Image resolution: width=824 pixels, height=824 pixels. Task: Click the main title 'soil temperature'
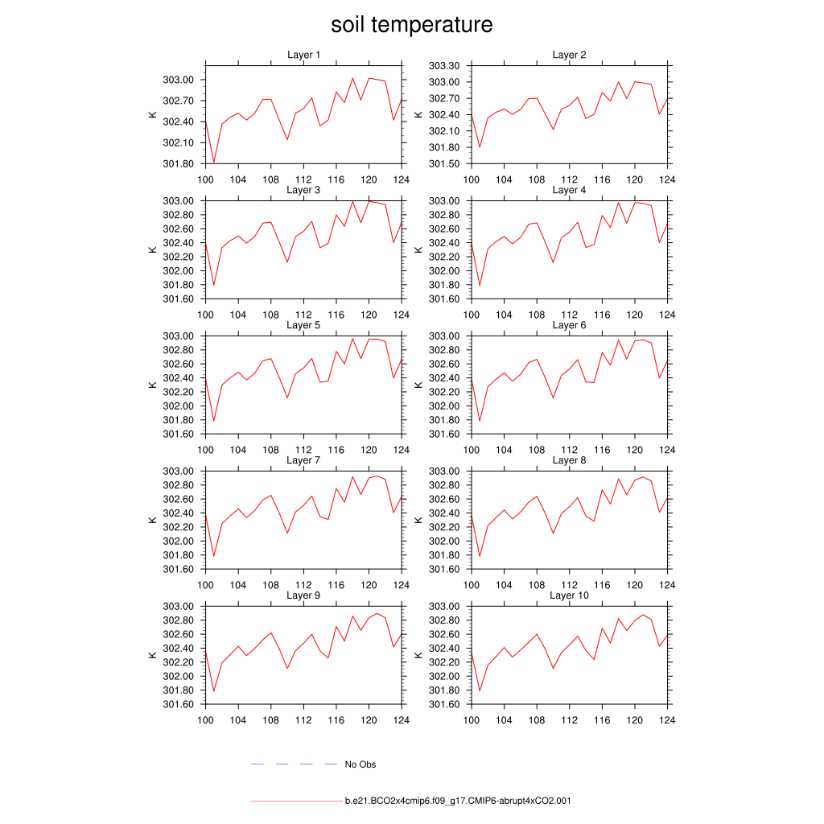(x=411, y=25)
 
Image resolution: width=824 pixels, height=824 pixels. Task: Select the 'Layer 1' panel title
(x=304, y=55)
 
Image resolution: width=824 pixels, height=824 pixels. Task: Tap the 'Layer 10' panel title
(x=569, y=595)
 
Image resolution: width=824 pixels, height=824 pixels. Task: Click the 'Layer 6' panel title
(x=569, y=325)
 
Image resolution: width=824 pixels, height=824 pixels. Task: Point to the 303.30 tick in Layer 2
(x=443, y=66)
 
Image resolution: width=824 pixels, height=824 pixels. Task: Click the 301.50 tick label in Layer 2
(x=443, y=164)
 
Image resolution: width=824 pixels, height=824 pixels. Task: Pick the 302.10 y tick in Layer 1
(x=179, y=143)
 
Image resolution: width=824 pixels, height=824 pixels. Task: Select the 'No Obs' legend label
(x=360, y=764)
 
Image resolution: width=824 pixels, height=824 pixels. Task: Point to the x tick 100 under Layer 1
(x=205, y=179)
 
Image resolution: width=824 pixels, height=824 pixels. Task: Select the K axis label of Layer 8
(x=418, y=520)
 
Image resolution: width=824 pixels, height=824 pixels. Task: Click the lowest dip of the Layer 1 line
(x=214, y=163)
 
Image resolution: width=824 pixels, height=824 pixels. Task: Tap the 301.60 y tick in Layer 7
(x=179, y=570)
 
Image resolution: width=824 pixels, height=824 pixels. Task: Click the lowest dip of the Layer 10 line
(x=480, y=690)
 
